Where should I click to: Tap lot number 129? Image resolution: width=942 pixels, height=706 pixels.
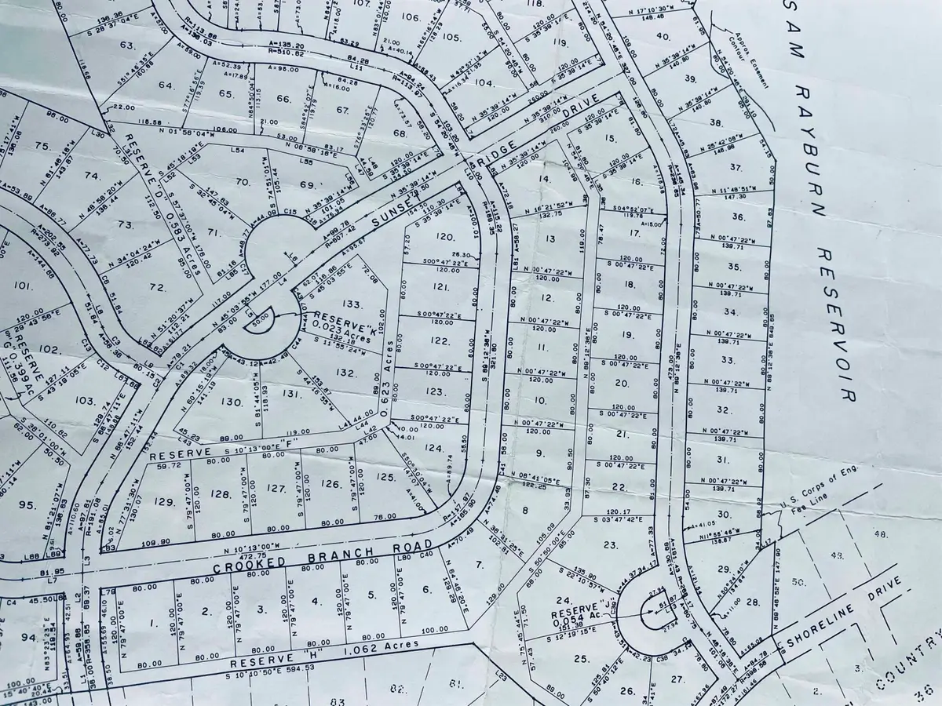click(163, 502)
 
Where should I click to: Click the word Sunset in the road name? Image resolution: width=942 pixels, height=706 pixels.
click(392, 207)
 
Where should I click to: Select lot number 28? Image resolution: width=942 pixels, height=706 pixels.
click(753, 602)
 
